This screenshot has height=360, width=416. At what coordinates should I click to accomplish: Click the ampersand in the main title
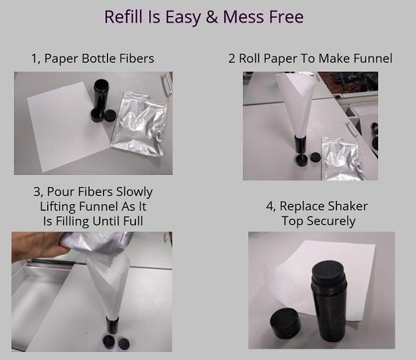(212, 17)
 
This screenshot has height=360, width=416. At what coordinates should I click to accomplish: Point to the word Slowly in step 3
(135, 192)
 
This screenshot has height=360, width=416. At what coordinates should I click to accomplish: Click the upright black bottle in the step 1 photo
(101, 97)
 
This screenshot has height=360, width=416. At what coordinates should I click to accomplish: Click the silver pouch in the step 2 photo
(341, 158)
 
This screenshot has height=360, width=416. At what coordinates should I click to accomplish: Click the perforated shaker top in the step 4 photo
(329, 271)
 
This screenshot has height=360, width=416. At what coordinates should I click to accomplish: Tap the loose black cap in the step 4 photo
(285, 324)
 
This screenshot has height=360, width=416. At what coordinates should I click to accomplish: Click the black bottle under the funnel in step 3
(112, 326)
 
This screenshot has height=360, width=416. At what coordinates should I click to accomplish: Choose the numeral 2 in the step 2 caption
(232, 58)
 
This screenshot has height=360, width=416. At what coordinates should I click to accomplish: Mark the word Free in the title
(286, 17)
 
